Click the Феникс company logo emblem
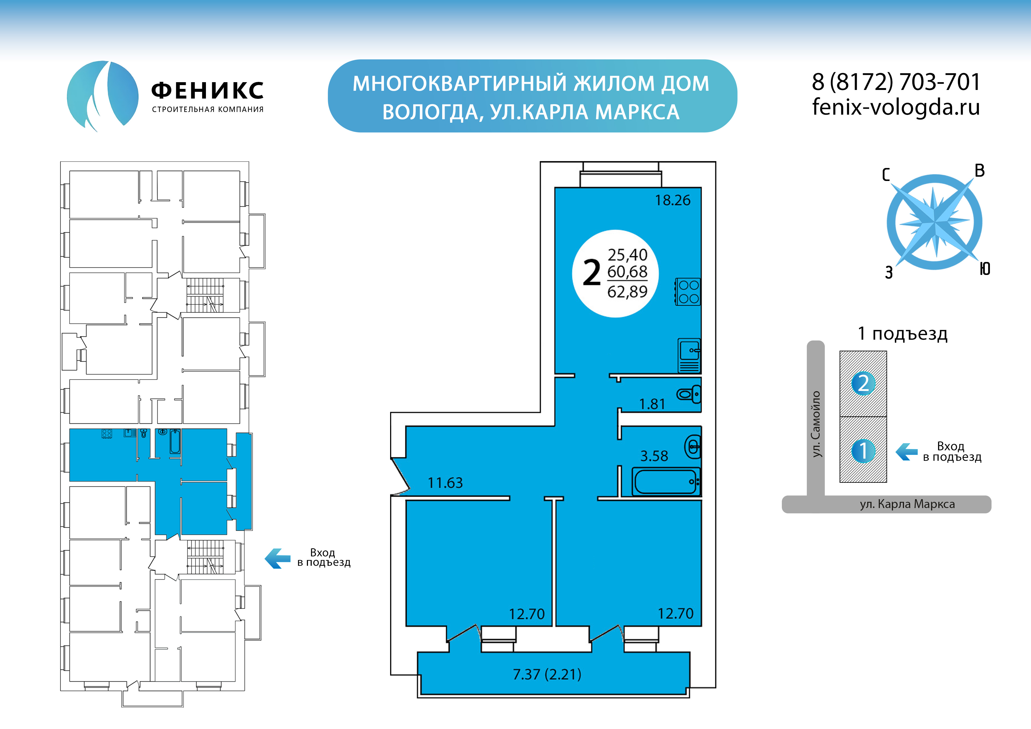pos(102,95)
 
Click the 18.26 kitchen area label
pos(672,200)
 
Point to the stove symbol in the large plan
pos(688,292)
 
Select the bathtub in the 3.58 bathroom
pos(666,481)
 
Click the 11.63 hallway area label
pos(445,483)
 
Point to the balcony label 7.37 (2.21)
pos(547,674)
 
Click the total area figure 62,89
pos(627,292)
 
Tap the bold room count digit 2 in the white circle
pos(591,273)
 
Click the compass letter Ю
pos(985,269)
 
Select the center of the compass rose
pos(934,222)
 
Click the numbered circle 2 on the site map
pos(863,383)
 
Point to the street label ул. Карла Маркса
pos(907,504)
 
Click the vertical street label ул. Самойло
pos(816,424)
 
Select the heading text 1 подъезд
pos(903,334)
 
